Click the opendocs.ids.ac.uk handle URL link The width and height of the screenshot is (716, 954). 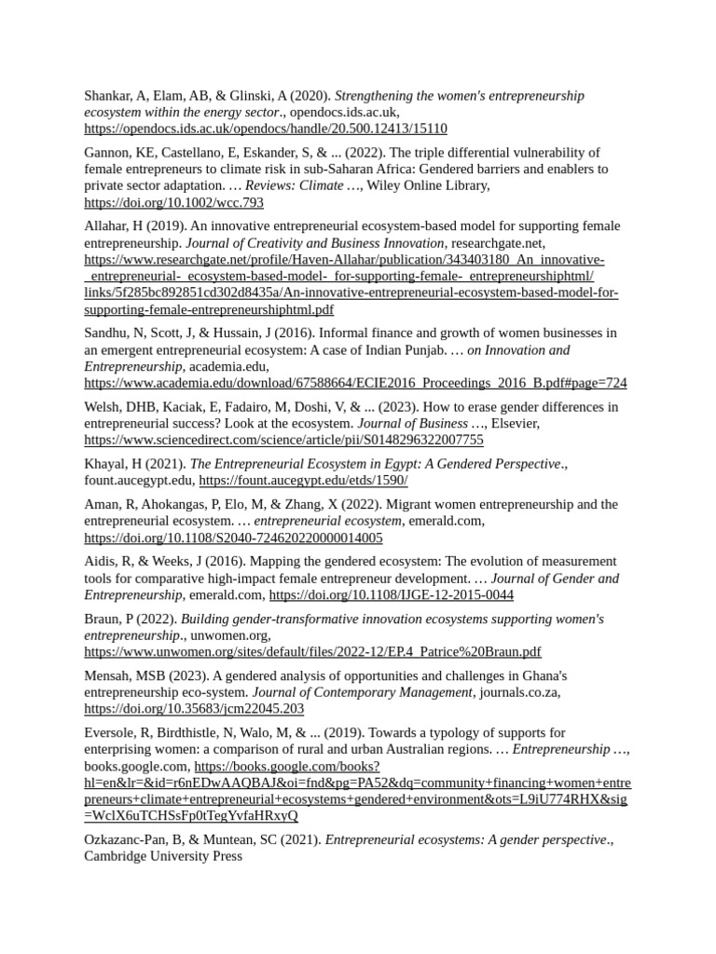pos(266,129)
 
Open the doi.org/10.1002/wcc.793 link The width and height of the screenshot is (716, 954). pos(173,202)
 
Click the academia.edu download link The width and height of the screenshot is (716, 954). pos(355,383)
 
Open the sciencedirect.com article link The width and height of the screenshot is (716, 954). pos(283,440)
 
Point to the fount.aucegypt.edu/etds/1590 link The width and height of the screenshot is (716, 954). pos(303,481)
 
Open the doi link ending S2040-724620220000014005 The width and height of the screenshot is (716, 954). pos(233,538)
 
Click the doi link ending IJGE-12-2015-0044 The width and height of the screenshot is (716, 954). pos(392,594)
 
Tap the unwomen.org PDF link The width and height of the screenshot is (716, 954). pos(312,651)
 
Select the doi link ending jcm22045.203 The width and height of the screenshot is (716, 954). pos(194,708)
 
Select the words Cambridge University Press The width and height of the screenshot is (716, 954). pos(163,856)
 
